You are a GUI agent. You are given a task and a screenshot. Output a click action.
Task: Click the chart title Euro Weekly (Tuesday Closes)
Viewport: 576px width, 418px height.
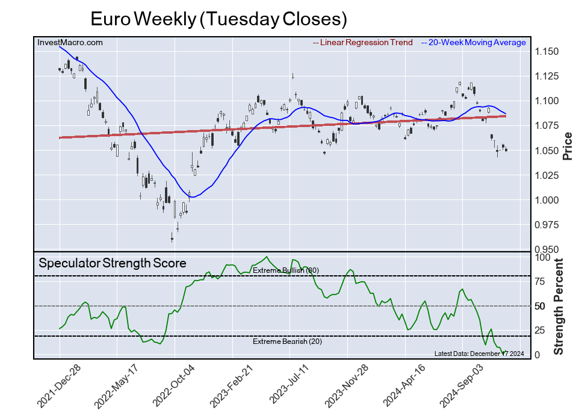[x=218, y=19]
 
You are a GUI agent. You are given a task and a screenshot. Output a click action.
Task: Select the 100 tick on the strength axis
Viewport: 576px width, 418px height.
[x=543, y=257]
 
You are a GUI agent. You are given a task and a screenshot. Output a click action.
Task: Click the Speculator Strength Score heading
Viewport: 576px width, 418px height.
[x=113, y=263]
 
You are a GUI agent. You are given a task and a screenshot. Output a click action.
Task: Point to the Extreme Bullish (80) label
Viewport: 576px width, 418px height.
[x=285, y=270]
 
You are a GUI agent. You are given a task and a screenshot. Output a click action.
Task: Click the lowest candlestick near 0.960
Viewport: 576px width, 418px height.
[x=172, y=239]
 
